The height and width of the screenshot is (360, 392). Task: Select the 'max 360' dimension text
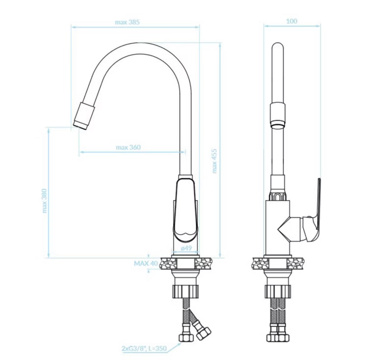[128, 147]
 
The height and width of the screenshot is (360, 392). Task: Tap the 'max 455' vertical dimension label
[215, 161]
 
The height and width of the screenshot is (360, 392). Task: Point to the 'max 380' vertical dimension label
[45, 201]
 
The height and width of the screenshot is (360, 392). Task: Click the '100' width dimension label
[292, 21]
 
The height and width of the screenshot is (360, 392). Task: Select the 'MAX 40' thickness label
[146, 264]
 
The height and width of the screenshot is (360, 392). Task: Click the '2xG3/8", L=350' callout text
[144, 348]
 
